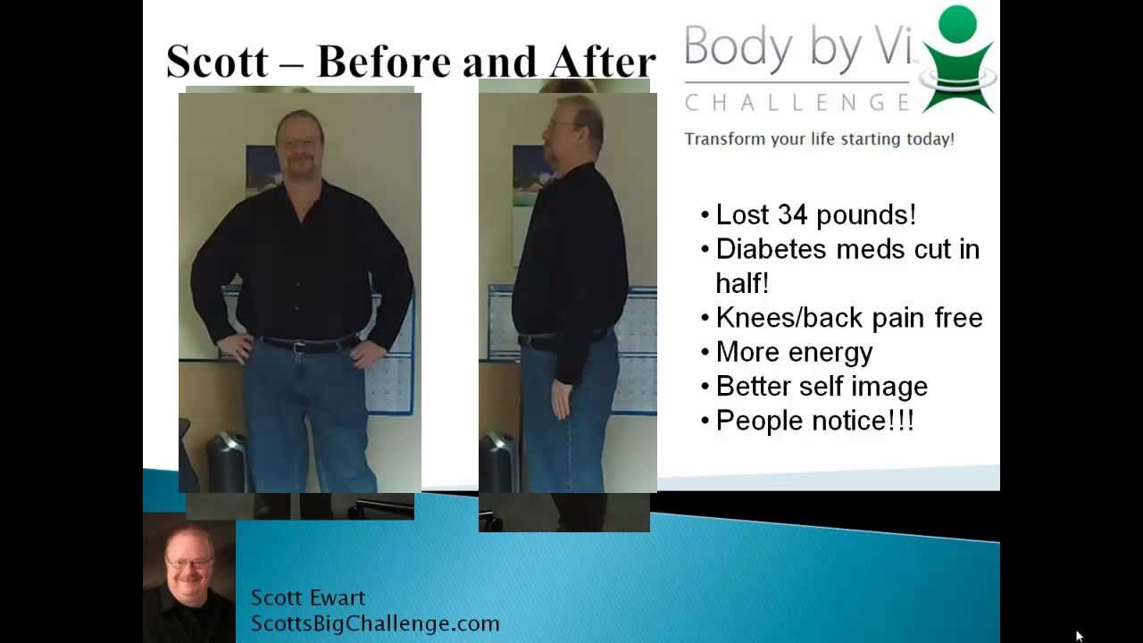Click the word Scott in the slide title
coord(216,62)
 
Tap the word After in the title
coord(603,62)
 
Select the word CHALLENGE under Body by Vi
coord(797,103)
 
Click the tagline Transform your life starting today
coord(819,139)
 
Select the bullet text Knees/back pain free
coord(848,318)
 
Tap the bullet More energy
coord(794,352)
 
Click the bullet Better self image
coord(822,386)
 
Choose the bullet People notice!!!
coord(814,421)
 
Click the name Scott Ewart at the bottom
coord(307,597)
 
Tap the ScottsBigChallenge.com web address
coord(374,623)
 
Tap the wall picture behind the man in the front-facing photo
coord(262,169)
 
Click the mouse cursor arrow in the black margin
coord(1079,636)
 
